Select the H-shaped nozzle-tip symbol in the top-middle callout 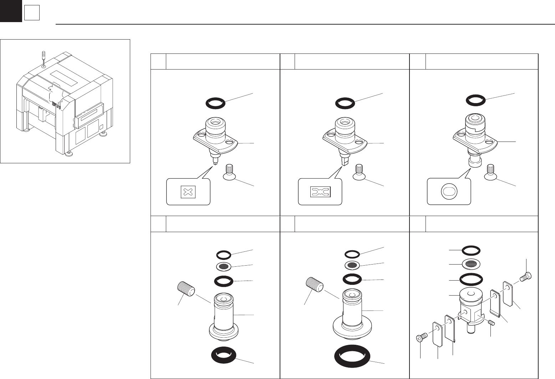point(320,192)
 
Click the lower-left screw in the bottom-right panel point(421,337)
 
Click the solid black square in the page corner point(11,11)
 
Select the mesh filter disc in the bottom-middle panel point(352,265)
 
